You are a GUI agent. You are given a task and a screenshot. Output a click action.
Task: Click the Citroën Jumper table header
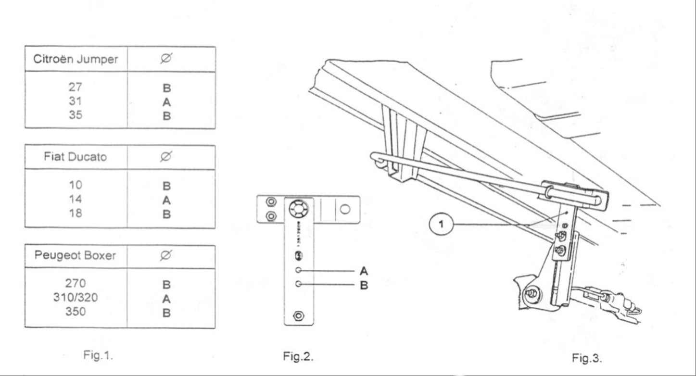tap(75, 60)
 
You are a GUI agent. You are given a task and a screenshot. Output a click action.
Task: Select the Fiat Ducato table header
tap(75, 157)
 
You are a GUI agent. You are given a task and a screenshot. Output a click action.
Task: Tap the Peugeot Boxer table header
tap(75, 256)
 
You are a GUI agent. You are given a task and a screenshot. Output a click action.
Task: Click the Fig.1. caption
tap(99, 356)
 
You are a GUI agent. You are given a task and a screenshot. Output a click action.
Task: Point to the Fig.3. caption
tap(586, 358)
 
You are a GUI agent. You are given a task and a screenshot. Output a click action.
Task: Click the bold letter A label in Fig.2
tap(364, 271)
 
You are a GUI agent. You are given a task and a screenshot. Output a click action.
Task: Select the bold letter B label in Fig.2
tap(364, 285)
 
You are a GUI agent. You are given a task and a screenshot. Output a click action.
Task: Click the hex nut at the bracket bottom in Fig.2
tap(298, 316)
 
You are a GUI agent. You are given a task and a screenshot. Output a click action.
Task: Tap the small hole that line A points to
tap(298, 271)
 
